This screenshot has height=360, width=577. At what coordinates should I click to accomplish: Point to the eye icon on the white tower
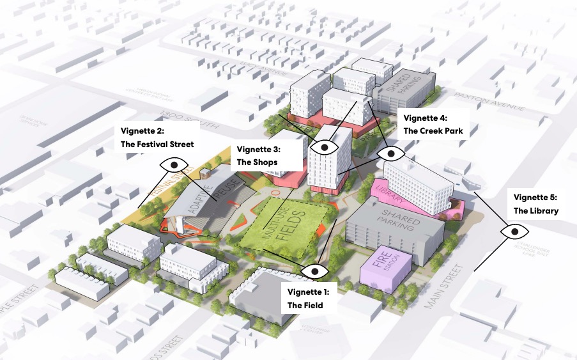[x=325, y=146]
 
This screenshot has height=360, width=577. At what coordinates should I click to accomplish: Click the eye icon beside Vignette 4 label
[x=390, y=153]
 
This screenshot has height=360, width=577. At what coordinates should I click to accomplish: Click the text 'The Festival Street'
[x=157, y=145]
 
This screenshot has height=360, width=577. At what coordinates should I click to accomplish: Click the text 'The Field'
[x=305, y=305]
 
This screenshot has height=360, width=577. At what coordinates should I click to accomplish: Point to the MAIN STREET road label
[x=447, y=281]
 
